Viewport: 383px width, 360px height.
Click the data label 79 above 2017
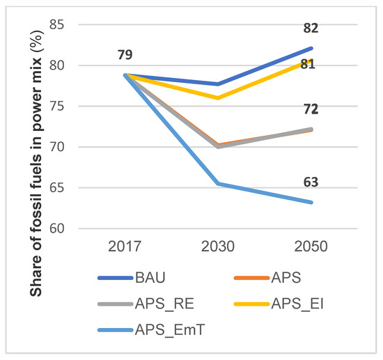pos(125,55)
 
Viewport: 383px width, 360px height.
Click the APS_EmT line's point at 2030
pos(218,184)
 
